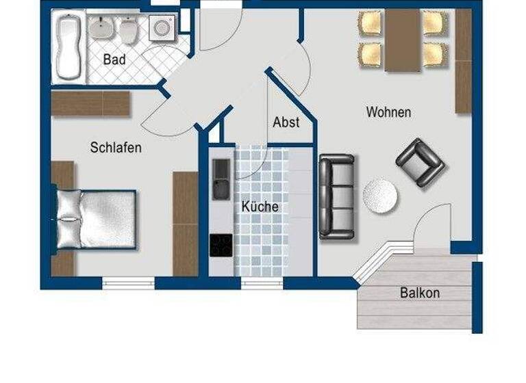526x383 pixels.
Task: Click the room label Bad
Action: (x=114, y=60)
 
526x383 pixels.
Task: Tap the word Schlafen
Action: (x=116, y=147)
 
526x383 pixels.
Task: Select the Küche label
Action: (x=260, y=206)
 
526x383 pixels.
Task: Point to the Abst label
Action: (x=286, y=122)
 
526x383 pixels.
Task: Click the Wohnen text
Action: (x=388, y=111)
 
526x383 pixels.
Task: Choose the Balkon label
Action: (x=419, y=293)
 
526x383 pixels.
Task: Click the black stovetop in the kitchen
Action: (x=221, y=245)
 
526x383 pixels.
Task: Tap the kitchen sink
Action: (x=221, y=179)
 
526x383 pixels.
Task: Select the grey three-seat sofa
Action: (x=336, y=196)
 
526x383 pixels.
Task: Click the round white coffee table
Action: (x=379, y=196)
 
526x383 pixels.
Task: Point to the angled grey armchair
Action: (x=420, y=163)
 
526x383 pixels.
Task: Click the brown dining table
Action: (x=403, y=40)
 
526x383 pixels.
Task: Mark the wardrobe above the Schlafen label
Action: (x=90, y=104)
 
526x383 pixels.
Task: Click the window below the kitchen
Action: (x=262, y=282)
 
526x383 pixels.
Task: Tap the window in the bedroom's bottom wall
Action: (x=128, y=281)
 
